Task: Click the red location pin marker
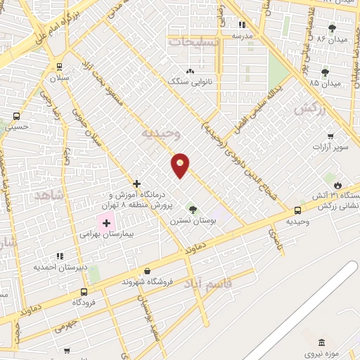tap(181, 165)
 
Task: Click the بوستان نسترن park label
tap(193, 220)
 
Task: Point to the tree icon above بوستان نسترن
tap(193, 210)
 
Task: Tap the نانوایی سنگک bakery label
tap(189, 82)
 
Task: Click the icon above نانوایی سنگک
tap(189, 72)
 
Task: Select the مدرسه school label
tap(242, 34)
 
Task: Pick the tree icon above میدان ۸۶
tap(332, 28)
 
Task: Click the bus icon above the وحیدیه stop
tap(297, 210)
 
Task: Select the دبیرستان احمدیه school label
tap(60, 266)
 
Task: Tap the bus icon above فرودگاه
tap(84, 292)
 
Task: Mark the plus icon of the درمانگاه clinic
tap(137, 184)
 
